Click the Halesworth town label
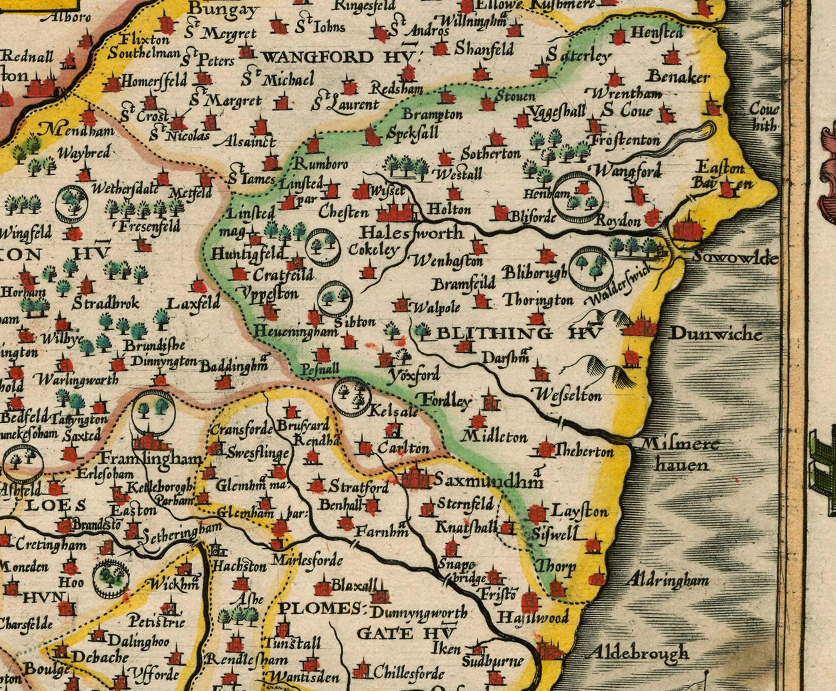[x=411, y=233]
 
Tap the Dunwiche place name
[x=715, y=334]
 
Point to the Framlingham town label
[x=151, y=458]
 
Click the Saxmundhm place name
[x=487, y=480]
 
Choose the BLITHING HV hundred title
[x=519, y=333]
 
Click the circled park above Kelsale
[x=352, y=396]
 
